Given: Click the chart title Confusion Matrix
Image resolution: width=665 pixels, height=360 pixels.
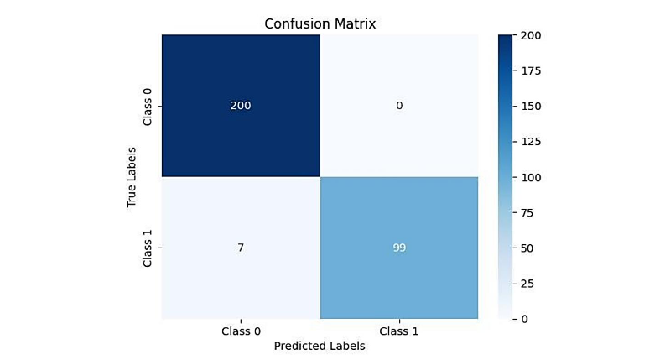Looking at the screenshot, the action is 320,23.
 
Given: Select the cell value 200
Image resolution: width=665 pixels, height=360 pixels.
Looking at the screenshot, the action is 241,105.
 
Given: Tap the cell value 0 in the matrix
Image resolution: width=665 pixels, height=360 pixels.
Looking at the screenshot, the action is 399,105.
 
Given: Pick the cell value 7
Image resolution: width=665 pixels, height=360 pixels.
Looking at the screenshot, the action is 241,248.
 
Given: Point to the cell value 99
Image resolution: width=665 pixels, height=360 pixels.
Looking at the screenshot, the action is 399,248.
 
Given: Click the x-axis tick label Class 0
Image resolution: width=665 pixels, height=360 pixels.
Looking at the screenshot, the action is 241,331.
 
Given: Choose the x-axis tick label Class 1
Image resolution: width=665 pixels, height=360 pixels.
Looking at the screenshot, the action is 399,331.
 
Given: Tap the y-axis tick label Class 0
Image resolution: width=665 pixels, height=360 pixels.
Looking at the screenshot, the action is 147,106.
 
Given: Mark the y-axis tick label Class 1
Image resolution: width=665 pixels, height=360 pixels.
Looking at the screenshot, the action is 147,248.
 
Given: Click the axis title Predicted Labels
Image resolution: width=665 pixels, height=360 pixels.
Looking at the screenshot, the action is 320,346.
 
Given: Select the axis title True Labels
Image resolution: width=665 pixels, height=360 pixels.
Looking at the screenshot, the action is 132,177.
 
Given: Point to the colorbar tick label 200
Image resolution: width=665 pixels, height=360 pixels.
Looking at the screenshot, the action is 531,35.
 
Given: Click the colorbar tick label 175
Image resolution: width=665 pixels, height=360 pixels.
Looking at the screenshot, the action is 531,70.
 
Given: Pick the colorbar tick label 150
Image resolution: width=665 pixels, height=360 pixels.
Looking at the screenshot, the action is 531,107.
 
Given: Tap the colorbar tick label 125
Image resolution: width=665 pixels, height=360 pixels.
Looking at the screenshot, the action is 531,142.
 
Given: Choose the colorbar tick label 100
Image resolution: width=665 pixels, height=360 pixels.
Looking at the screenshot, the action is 531,177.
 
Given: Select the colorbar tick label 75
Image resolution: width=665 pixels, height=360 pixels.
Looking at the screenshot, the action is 527,212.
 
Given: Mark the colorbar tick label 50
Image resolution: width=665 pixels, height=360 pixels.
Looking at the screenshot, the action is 527,248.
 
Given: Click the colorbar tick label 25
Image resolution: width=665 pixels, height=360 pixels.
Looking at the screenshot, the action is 527,284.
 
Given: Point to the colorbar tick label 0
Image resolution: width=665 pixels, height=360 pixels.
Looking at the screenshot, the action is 524,319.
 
